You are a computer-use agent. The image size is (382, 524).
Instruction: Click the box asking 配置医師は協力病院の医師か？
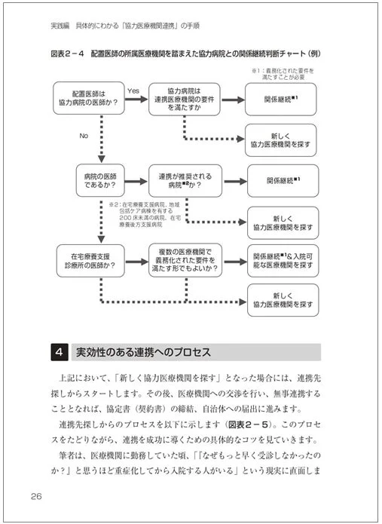pyautogui.click(x=90, y=100)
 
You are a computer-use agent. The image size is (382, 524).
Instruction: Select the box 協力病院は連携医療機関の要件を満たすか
pyautogui.click(x=185, y=100)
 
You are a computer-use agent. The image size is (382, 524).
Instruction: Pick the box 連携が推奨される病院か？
pyautogui.click(x=185, y=181)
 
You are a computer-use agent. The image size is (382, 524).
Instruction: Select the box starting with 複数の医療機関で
pyautogui.click(x=185, y=261)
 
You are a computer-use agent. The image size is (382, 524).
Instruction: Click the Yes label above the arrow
pyautogui.click(x=133, y=90)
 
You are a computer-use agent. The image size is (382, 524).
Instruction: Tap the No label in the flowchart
pyautogui.click(x=84, y=136)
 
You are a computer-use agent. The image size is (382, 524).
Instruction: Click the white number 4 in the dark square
pyautogui.click(x=60, y=352)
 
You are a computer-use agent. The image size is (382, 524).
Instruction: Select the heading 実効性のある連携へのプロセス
pyautogui.click(x=140, y=352)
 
